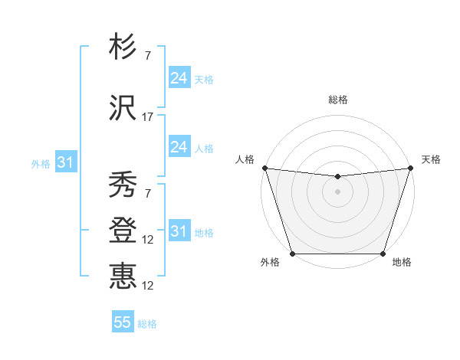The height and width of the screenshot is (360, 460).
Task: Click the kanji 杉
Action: pos(123,47)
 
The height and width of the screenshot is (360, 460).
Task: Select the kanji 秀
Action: pos(123,185)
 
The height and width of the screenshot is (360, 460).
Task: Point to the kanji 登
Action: pos(123,229)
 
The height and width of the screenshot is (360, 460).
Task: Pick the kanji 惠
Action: pos(123,275)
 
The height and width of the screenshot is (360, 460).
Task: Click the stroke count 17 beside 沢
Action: pos(148,117)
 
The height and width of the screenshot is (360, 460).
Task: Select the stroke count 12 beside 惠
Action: pos(148,286)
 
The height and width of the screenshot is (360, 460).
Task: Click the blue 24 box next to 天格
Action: pos(179,78)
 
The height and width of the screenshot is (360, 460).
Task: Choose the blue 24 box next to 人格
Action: pos(179,147)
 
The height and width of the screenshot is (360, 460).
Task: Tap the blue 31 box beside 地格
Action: pos(179,231)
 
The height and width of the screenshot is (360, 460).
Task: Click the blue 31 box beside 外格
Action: pos(65,162)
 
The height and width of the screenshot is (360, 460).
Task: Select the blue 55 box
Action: pos(123,322)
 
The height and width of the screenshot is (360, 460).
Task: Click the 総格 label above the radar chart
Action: pos(337,100)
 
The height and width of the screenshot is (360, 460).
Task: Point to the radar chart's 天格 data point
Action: pos(410,168)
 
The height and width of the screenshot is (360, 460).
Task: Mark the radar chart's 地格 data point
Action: pos(383,254)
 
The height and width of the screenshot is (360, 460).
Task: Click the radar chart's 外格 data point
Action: pos(292,254)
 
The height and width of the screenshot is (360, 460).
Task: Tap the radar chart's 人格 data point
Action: pos(264,168)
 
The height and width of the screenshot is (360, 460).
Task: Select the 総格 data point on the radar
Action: pos(337,177)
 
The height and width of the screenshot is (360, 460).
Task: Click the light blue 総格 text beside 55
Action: pos(147,324)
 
